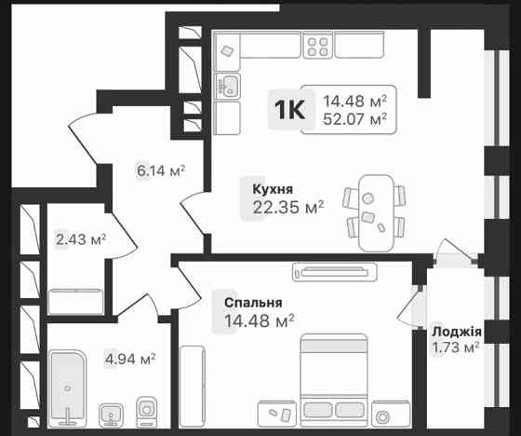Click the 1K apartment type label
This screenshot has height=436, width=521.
coord(289,109)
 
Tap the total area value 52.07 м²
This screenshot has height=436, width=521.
coord(354,118)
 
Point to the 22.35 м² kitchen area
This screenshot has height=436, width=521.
coord(287,207)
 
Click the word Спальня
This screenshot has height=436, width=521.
coord(253,303)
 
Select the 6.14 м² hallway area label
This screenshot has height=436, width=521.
coord(161,170)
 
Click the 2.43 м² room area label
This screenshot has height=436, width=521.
coord(80,239)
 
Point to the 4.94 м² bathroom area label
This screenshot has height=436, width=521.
coord(129,357)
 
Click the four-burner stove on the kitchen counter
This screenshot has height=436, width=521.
coord(319,46)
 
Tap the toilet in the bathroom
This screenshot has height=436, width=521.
coord(146,411)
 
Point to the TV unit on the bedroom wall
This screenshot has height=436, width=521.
coord(335,270)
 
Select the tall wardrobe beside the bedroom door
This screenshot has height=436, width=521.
coord(192,383)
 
